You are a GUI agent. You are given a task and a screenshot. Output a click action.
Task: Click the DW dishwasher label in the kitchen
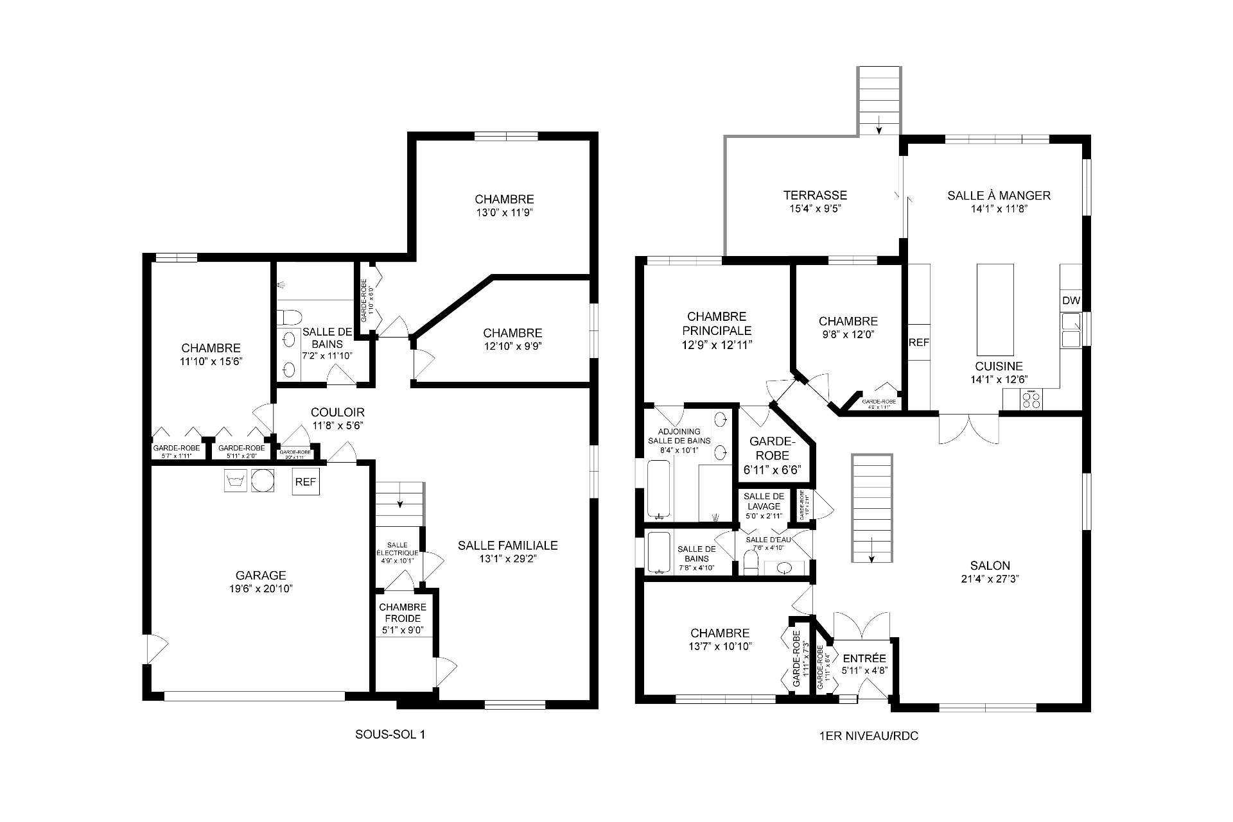1071,301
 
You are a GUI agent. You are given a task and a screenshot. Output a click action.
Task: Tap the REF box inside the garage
306,482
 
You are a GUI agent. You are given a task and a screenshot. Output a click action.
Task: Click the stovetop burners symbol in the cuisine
1031,399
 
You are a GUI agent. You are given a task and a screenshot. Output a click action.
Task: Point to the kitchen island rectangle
995,309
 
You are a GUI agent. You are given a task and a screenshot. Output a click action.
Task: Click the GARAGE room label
260,576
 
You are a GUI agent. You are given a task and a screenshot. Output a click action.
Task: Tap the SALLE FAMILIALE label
507,545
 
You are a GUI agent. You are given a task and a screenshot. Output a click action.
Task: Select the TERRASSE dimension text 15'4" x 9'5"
814,209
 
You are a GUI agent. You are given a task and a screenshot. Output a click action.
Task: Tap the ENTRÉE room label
864,658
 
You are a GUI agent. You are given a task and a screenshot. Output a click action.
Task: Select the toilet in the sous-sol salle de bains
290,317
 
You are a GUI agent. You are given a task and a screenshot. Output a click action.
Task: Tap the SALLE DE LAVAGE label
764,501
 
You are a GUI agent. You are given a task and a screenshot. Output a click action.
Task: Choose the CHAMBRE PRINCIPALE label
716,323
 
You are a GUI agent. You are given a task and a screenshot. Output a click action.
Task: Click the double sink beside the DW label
1071,329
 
